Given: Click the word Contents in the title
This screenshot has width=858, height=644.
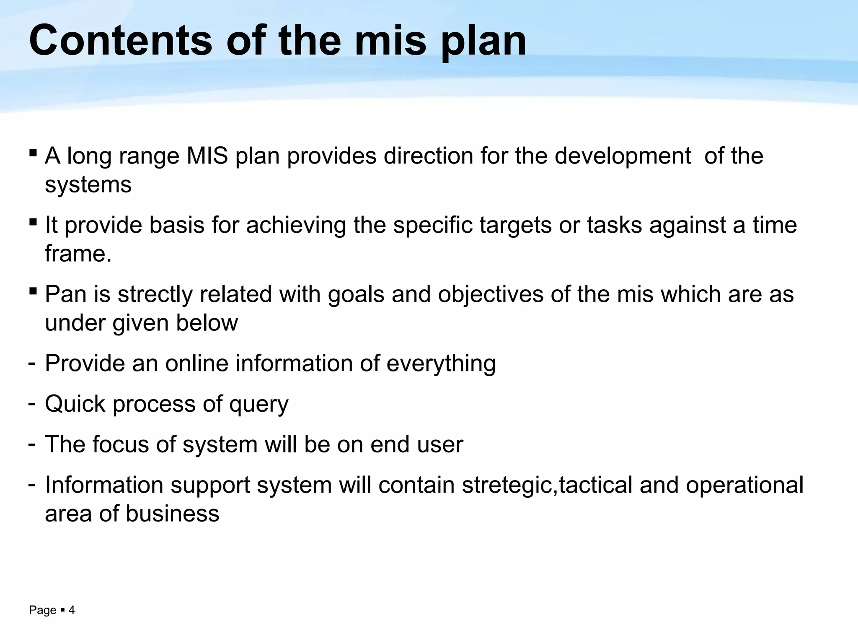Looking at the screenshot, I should coord(121,41).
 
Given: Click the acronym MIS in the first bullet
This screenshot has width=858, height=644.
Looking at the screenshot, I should coord(207,156).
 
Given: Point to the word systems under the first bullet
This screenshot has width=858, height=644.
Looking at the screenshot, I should coord(88,184).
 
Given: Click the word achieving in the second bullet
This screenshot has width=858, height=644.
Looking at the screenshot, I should coord(296,225).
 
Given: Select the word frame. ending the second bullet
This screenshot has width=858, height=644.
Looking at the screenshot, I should coord(78,254).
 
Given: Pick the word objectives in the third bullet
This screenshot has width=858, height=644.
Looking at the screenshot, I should coord(490,295).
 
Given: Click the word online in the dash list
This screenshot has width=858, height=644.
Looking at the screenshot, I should coord(196,363).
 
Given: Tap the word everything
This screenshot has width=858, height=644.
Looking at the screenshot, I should coord(441,364).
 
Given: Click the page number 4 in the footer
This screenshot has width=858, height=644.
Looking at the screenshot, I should coord(72,610).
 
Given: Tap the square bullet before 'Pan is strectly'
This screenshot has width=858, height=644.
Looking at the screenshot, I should coord(33,290).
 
